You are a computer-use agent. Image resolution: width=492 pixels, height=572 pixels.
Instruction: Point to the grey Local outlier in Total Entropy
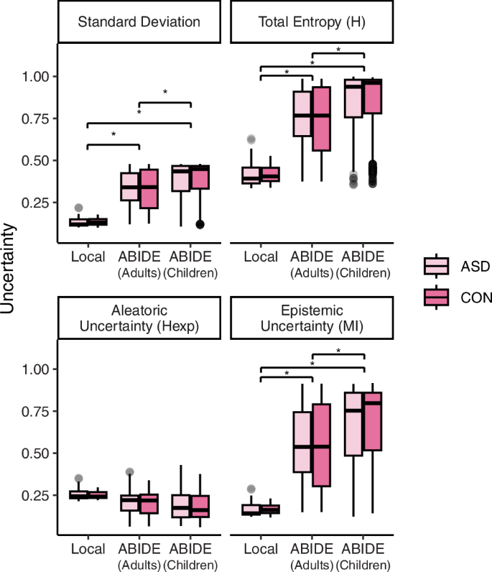[x=271, y=139]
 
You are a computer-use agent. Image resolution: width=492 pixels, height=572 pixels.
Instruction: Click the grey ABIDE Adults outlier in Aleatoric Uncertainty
[x=130, y=472]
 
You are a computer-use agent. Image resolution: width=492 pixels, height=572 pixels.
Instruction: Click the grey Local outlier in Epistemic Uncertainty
[x=271, y=489]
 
